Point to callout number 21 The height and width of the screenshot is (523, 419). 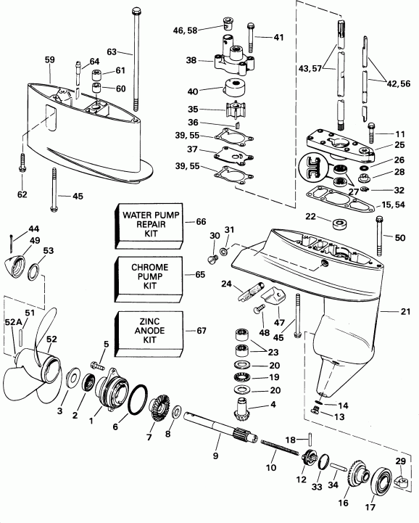click(403, 311)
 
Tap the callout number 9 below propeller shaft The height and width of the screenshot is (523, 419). click(215, 456)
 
